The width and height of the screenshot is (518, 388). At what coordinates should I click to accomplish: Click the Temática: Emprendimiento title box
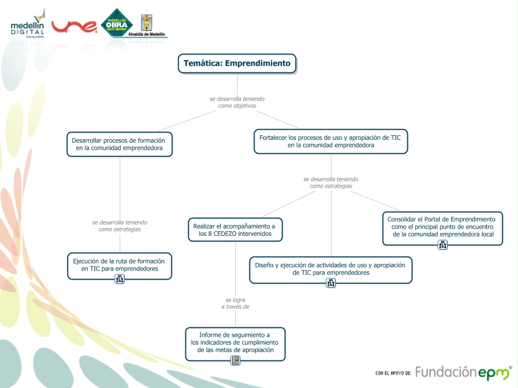(237, 63)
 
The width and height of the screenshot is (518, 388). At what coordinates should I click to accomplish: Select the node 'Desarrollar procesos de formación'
(119, 144)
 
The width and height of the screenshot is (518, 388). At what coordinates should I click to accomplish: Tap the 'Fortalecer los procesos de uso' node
(330, 141)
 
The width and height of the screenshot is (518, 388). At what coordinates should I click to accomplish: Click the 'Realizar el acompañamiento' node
(235, 230)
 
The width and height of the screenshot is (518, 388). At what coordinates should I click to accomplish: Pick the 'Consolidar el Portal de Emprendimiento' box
(442, 226)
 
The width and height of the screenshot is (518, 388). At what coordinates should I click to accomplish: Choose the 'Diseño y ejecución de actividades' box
(330, 268)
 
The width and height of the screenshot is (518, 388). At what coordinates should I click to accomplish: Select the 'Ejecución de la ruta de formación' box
(119, 265)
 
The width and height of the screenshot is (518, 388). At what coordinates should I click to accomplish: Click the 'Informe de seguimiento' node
(235, 342)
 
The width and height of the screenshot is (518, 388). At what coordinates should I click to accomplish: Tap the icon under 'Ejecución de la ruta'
(119, 279)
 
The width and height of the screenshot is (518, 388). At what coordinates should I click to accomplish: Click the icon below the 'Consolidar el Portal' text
(442, 244)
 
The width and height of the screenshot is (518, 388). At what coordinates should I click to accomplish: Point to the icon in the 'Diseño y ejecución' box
(330, 283)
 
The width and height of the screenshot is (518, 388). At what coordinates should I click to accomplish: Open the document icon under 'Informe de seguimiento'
(235, 360)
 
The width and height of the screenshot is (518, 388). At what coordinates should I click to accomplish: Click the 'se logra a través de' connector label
(235, 303)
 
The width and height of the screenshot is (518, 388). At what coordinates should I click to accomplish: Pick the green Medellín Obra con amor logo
(116, 24)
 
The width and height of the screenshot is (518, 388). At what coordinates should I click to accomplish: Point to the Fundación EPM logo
(464, 372)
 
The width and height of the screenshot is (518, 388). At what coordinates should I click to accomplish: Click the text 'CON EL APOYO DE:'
(393, 373)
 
